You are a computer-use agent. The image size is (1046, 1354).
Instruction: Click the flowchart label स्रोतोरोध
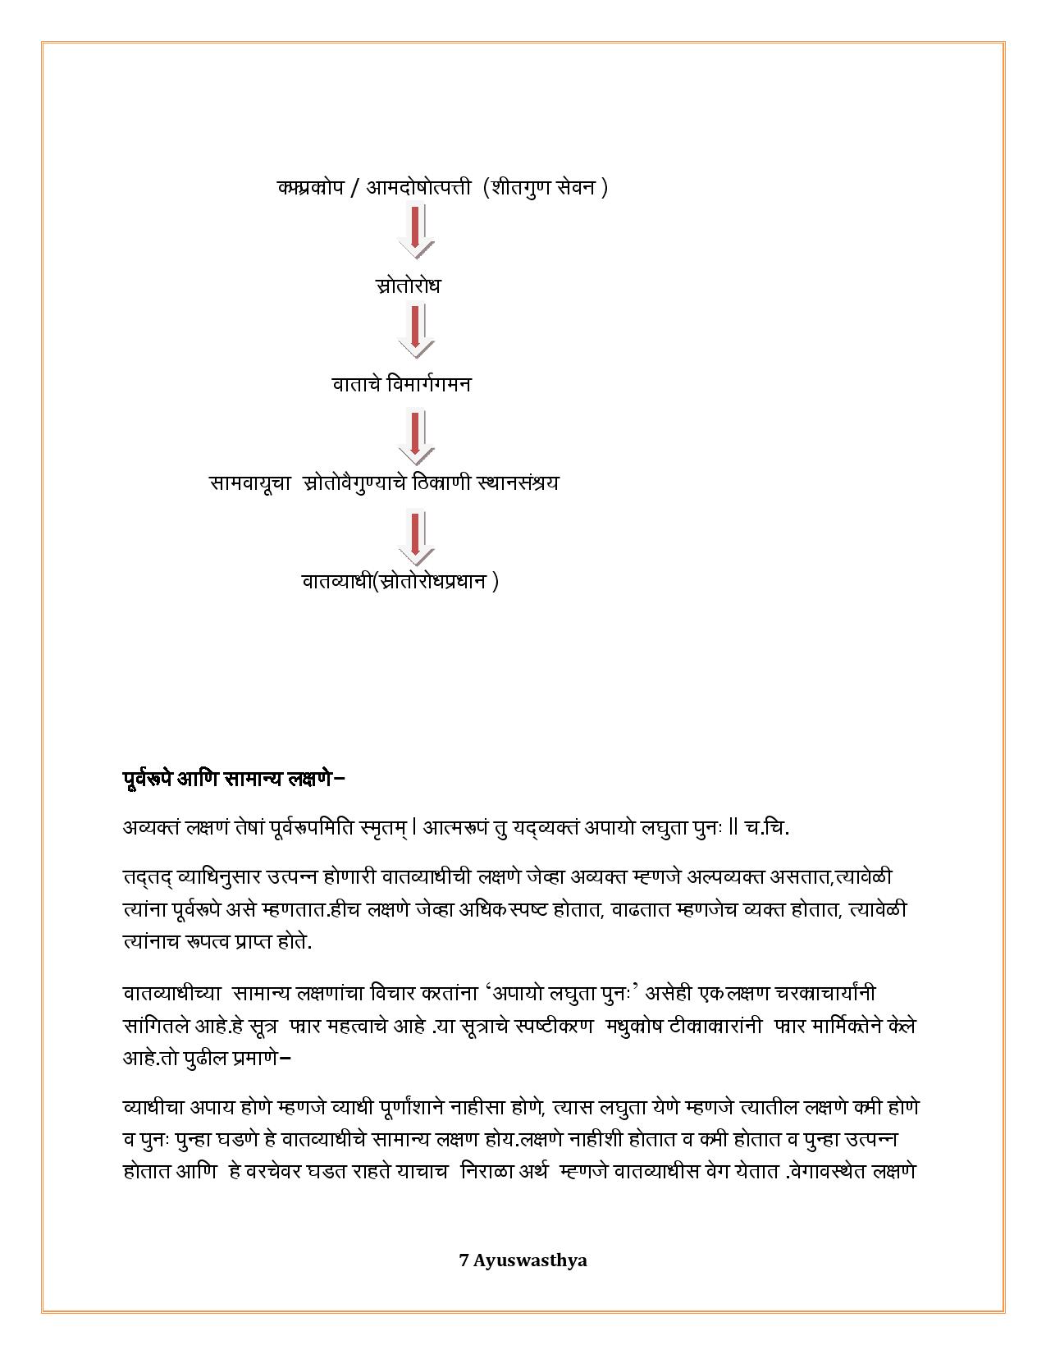click(x=408, y=286)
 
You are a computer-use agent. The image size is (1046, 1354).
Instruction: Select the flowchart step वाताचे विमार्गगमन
click(x=401, y=384)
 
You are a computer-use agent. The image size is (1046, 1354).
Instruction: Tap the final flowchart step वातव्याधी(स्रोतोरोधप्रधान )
click(x=400, y=581)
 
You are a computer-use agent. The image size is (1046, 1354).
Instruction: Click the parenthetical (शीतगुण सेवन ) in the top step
click(x=546, y=187)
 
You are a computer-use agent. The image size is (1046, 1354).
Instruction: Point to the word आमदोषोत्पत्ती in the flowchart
click(x=418, y=187)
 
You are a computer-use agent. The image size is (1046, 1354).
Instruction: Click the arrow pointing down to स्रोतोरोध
click(x=416, y=231)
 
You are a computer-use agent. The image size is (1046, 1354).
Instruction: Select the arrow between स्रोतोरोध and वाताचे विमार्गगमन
click(x=416, y=331)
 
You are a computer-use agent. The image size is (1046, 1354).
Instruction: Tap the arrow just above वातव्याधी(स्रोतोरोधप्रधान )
click(x=416, y=537)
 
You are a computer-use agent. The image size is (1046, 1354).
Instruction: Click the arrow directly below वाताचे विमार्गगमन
click(x=416, y=438)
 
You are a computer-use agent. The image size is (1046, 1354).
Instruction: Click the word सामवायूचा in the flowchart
click(x=250, y=483)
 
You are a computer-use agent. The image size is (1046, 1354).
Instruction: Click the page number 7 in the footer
click(x=464, y=1260)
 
